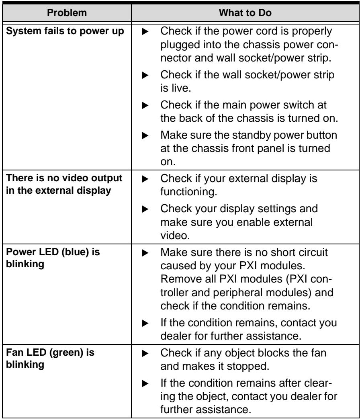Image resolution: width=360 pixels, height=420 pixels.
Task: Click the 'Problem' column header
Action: pos(67,12)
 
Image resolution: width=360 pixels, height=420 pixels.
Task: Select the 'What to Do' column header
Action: pos(245,12)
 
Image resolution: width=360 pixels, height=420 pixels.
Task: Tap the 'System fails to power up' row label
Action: pos(65,31)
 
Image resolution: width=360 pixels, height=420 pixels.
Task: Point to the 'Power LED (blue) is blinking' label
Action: pos(53,258)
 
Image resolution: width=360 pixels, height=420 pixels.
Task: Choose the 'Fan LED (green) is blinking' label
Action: pos(50,358)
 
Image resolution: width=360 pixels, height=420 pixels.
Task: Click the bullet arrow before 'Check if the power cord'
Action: pos(145,32)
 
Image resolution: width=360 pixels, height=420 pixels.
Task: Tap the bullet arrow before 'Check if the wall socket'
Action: pos(145,75)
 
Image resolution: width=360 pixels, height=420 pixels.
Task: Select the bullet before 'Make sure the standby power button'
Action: pos(145,135)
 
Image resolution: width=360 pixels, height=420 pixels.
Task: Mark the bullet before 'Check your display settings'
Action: pos(145,209)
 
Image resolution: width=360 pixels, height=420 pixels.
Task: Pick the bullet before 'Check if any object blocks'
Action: pos(145,354)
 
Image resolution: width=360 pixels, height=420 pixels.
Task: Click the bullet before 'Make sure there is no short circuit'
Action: pos(145,253)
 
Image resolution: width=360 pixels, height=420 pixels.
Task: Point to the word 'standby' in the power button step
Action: pos(251,135)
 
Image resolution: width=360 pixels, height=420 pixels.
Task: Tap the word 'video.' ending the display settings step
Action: pos(175,236)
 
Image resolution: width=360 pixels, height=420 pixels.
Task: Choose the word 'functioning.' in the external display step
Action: pos(188,192)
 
